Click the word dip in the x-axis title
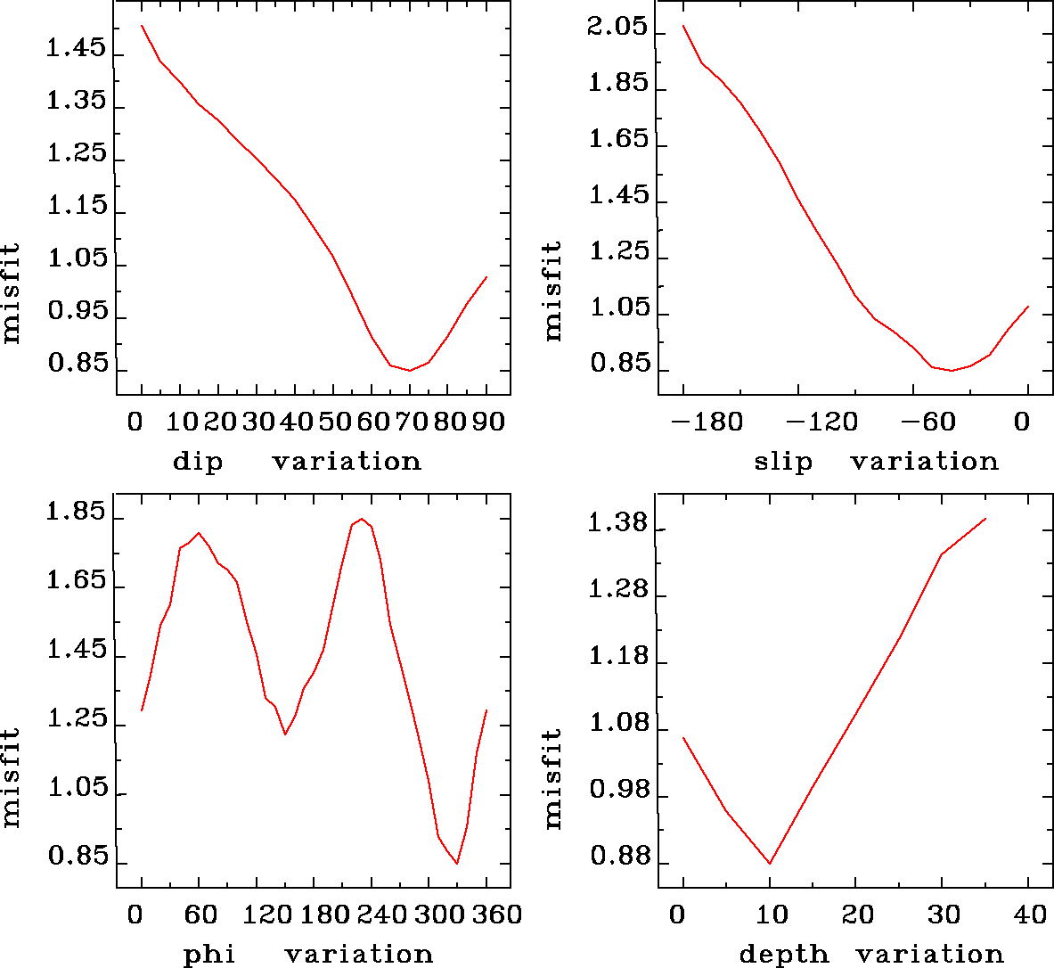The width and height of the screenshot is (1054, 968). coord(198,462)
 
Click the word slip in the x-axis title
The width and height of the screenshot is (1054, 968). coord(783,462)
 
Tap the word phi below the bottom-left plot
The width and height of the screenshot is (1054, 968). coord(209,955)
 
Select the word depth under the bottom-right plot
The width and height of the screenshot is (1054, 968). coord(784,955)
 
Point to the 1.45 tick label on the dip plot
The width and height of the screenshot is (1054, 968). coord(76,48)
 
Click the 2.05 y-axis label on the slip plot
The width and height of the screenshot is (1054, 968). coord(617,27)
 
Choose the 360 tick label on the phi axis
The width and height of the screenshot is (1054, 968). coord(493,915)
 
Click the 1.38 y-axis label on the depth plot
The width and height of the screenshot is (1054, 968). coord(617,523)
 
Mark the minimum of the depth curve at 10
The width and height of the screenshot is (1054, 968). coord(769,863)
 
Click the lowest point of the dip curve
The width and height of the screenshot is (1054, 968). coord(410,370)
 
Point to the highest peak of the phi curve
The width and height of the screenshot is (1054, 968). coord(361,519)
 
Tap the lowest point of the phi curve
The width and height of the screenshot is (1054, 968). coord(457,863)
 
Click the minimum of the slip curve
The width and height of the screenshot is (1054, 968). coord(952,370)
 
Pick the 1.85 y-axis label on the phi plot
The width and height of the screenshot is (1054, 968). coord(76,514)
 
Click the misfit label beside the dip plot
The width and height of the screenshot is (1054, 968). coord(12,293)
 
